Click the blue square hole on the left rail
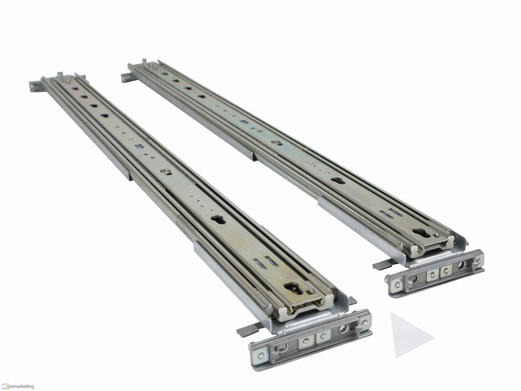tap(139, 146)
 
